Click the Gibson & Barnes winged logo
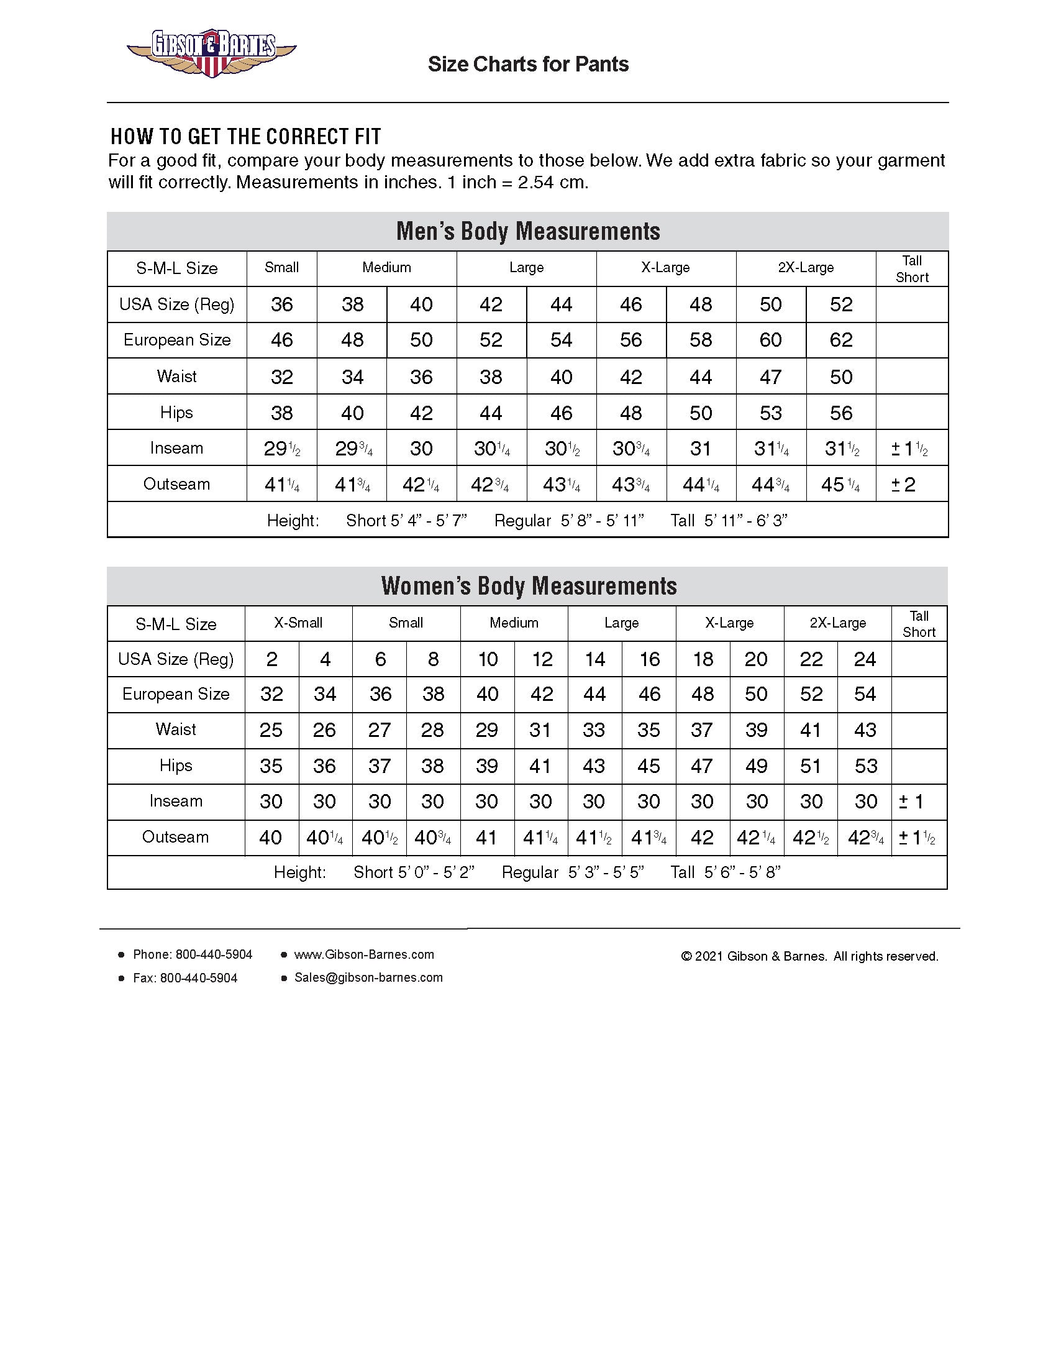click(x=211, y=53)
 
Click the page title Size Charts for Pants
click(x=528, y=65)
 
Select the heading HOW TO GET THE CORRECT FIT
click(x=246, y=137)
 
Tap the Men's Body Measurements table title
click(x=528, y=232)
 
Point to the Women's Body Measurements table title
click(x=528, y=587)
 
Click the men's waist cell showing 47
click(x=771, y=377)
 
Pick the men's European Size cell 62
click(x=841, y=341)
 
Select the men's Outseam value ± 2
click(x=904, y=485)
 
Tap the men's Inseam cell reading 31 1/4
click(x=771, y=449)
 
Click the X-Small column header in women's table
click(x=298, y=623)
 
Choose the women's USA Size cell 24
click(x=865, y=659)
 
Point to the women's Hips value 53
click(x=865, y=766)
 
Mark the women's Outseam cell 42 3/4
click(x=865, y=838)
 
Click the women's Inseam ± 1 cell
click(x=911, y=802)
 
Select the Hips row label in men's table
click(x=176, y=413)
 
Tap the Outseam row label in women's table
click(x=175, y=838)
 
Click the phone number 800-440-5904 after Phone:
click(x=214, y=954)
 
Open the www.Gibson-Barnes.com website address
click(x=363, y=954)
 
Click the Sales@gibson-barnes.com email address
click(x=368, y=977)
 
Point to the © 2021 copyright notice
click(x=809, y=956)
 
